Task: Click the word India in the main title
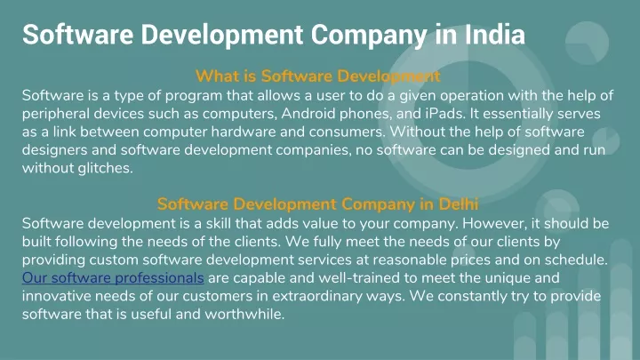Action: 495,35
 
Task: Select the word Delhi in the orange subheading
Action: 459,204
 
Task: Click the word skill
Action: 219,224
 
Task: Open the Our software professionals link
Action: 113,278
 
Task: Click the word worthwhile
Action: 244,315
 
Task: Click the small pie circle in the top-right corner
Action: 587,43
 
